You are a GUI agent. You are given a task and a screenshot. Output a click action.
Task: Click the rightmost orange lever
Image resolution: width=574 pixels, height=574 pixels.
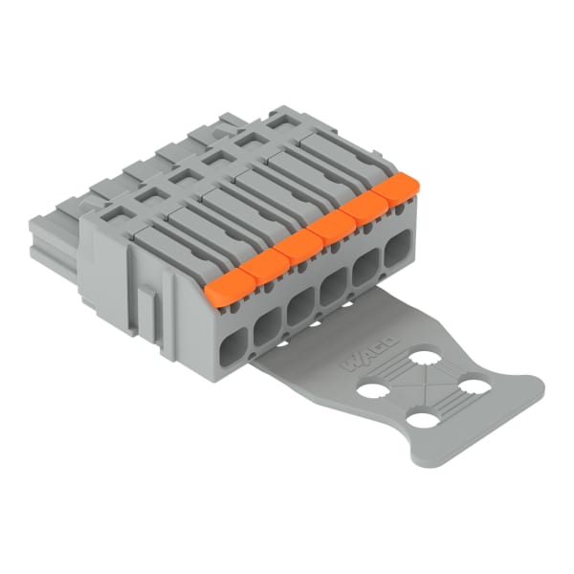(x=395, y=190)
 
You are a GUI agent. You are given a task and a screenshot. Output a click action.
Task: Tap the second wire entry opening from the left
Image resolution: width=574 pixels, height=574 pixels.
(x=268, y=327)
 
